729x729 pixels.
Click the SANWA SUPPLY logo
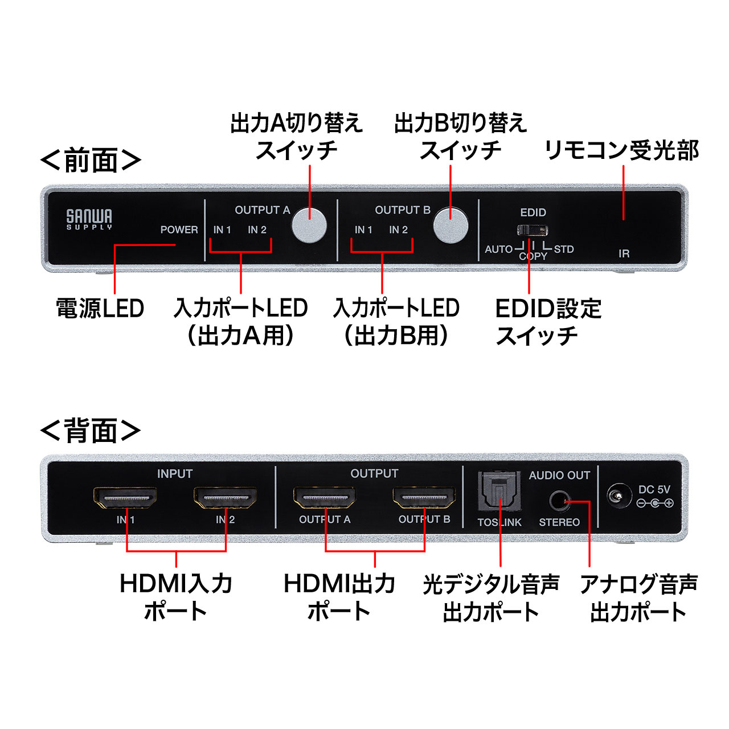89,219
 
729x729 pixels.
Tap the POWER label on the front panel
179,230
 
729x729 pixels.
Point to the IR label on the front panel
624,253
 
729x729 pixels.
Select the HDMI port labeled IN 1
125,497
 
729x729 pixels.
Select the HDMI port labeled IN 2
225,497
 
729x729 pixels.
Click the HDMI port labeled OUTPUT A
325,497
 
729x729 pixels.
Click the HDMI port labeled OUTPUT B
424,497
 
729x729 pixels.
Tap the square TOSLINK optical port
499,491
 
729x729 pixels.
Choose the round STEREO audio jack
560,501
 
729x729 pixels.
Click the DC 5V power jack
619,495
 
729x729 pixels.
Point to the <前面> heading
91,161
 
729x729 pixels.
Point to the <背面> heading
91,431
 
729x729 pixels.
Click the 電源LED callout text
100,308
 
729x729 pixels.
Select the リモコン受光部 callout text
621,150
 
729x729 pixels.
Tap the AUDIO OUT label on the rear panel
559,475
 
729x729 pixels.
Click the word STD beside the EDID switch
564,249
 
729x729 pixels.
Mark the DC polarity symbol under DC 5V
655,503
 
